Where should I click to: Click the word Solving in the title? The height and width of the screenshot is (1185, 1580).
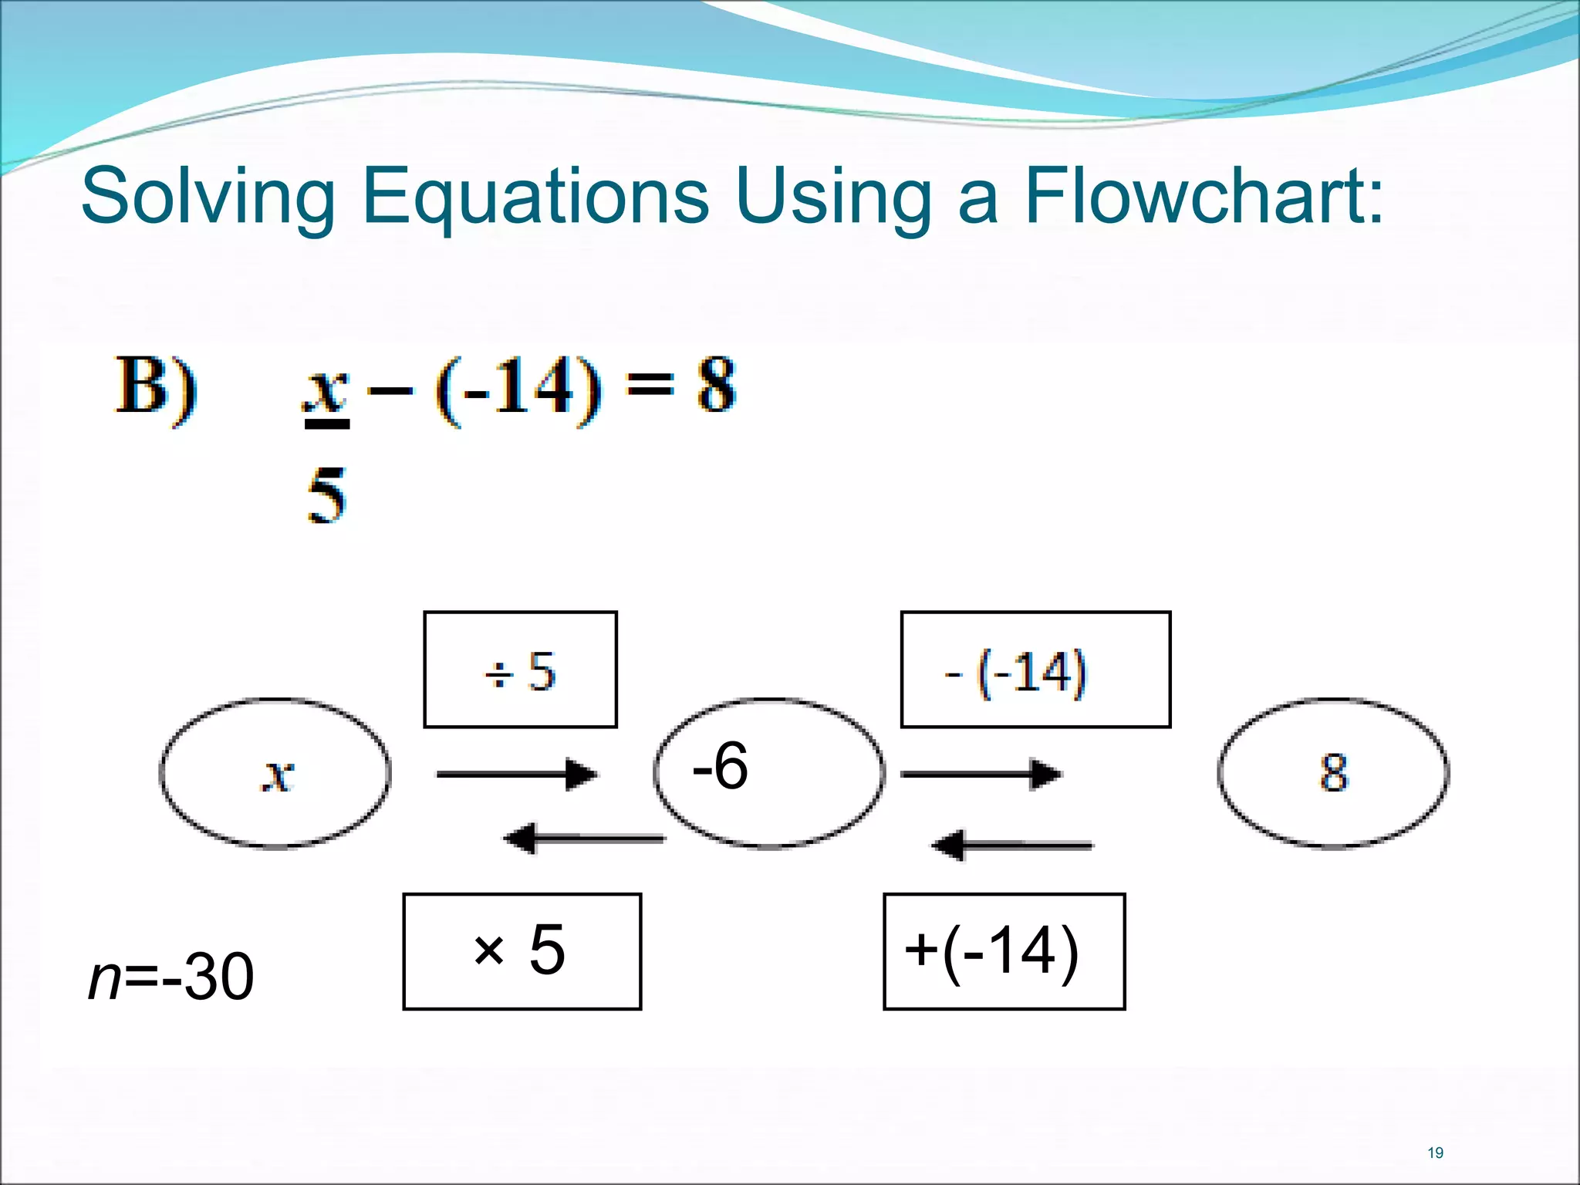click(x=208, y=197)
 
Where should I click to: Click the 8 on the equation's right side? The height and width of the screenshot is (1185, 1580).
click(x=716, y=386)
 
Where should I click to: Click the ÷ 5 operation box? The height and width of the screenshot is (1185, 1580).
click(x=520, y=670)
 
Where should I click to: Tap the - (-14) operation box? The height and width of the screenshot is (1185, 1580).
click(x=1035, y=670)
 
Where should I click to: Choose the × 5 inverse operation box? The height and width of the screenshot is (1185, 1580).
click(x=522, y=950)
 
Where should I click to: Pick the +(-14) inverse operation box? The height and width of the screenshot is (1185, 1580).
click(x=1004, y=950)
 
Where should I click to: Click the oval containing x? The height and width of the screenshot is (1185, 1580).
click(x=275, y=773)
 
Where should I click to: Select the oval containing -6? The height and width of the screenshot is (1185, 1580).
click(x=768, y=773)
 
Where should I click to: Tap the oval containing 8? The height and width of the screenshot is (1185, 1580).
click(x=1333, y=773)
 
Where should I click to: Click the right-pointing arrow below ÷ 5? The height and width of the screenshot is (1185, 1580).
click(x=517, y=774)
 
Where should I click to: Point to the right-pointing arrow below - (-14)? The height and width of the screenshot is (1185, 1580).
click(x=981, y=774)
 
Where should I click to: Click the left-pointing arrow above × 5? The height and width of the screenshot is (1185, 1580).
click(x=584, y=839)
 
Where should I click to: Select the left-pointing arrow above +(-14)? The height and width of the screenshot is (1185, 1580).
click(x=1012, y=846)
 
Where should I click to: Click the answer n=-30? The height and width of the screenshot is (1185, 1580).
click(x=171, y=977)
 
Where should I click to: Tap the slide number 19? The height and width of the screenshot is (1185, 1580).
click(x=1435, y=1153)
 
